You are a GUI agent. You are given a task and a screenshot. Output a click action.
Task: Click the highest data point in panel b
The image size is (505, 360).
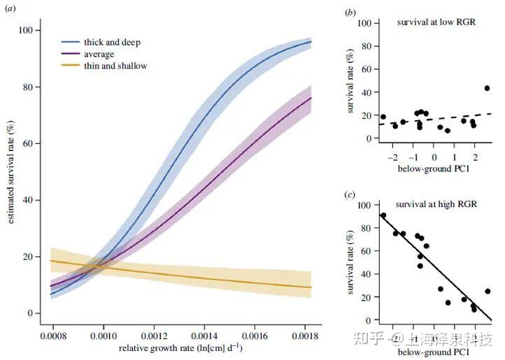click(x=487, y=88)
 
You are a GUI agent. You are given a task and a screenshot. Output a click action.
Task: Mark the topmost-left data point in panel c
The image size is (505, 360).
click(x=383, y=215)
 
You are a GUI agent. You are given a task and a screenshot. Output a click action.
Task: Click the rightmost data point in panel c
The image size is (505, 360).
click(x=488, y=291)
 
